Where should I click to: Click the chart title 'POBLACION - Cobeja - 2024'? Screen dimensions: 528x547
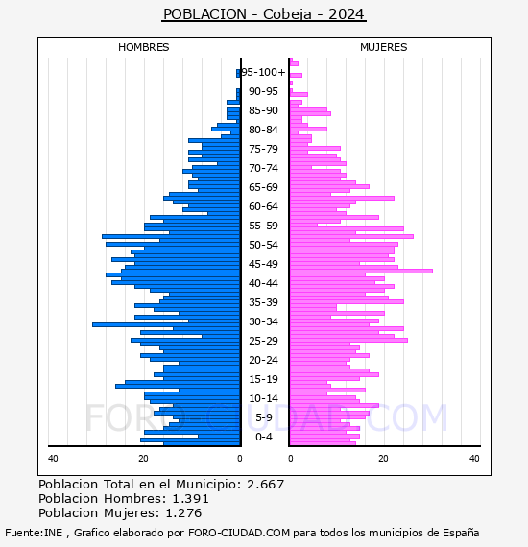(264, 14)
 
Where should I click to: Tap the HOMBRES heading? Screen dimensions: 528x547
(143, 47)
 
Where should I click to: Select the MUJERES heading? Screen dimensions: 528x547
(384, 47)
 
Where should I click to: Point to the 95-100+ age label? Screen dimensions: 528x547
(263, 72)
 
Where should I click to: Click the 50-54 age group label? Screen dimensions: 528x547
(263, 245)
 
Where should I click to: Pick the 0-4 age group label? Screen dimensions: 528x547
(263, 437)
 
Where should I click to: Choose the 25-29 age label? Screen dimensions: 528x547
(263, 341)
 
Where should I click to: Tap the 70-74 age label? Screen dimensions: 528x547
(263, 168)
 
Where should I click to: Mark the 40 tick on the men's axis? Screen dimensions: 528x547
(53, 458)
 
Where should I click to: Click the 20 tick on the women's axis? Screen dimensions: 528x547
(383, 458)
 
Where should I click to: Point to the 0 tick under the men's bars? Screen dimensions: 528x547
(240, 458)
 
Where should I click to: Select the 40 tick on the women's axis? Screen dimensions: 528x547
(474, 458)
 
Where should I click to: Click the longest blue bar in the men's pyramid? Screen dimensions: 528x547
(166, 324)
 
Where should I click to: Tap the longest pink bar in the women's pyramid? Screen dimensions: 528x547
(361, 271)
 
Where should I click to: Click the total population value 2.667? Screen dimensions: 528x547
(266, 485)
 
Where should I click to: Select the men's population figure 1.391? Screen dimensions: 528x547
(190, 498)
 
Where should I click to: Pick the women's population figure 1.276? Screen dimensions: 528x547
(183, 512)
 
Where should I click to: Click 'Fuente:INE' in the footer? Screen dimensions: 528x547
(34, 533)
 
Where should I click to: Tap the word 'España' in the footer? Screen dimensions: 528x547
(461, 534)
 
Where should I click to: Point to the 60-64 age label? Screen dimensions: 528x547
(263, 206)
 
